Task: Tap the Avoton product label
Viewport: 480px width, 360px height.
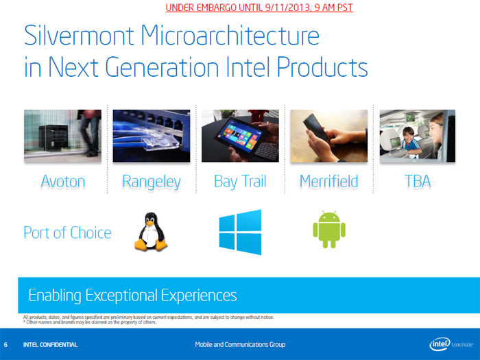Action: tap(63, 181)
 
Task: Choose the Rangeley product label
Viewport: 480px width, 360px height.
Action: tap(152, 181)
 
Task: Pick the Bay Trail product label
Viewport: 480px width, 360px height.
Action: tap(240, 181)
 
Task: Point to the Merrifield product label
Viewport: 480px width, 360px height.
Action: tap(328, 181)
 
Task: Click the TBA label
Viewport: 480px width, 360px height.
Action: tap(417, 181)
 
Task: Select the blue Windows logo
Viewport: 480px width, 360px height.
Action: tap(240, 232)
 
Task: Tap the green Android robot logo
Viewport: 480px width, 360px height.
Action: tap(328, 230)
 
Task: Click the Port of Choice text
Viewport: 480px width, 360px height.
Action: tap(67, 232)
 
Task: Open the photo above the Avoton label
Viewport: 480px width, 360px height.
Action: tap(63, 136)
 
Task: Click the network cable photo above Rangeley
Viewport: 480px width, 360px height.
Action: tap(152, 136)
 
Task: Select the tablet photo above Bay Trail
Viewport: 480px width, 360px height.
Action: tap(240, 136)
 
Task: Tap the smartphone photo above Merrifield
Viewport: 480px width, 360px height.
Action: tap(328, 136)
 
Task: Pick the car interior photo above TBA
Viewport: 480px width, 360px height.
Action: tap(417, 136)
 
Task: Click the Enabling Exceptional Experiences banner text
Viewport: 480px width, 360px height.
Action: tap(132, 296)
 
